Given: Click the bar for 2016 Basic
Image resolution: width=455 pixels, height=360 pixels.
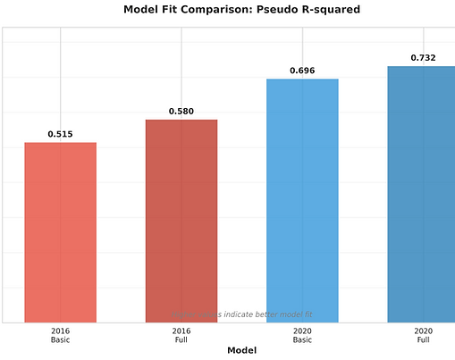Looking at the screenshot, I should pyautogui.click(x=60, y=232).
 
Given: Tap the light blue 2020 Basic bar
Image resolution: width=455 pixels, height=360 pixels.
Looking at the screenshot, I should pyautogui.click(x=302, y=200).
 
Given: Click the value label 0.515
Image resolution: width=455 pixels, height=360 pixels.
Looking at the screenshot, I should pyautogui.click(x=60, y=135).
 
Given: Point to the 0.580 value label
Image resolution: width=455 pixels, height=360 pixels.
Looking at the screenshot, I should pyautogui.click(x=181, y=112).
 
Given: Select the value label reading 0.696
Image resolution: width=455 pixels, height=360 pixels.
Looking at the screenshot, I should pyautogui.click(x=302, y=70).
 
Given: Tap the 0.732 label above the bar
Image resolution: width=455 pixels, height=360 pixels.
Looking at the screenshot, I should pyautogui.click(x=423, y=58).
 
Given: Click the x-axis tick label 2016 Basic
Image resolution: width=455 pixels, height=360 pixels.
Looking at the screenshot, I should pyautogui.click(x=60, y=335).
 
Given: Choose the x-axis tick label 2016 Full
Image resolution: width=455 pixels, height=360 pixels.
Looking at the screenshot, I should pyautogui.click(x=181, y=335).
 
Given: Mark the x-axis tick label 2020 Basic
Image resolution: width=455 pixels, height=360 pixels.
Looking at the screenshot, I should pyautogui.click(x=302, y=335).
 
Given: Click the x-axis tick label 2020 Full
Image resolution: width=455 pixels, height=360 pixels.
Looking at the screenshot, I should pyautogui.click(x=423, y=335).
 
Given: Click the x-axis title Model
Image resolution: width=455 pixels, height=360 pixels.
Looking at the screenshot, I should pyautogui.click(x=241, y=351).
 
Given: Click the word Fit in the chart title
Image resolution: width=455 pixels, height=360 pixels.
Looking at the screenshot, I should pyautogui.click(x=172, y=10).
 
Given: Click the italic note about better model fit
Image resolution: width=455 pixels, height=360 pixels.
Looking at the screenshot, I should pyautogui.click(x=241, y=314).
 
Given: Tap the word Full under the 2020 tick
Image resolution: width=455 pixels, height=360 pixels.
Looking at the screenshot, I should pyautogui.click(x=423, y=340).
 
